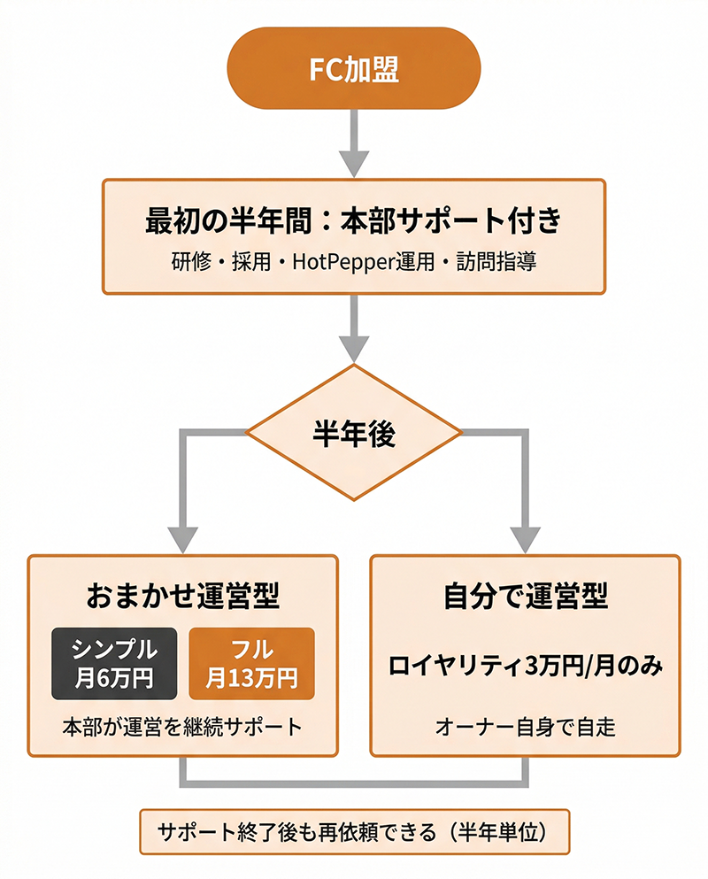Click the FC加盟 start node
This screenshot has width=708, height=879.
354,70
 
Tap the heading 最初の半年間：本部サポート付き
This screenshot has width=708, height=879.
354,220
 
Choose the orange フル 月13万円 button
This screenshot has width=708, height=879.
252,663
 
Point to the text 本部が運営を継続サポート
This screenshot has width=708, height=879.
183,727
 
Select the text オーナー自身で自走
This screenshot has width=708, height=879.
525,727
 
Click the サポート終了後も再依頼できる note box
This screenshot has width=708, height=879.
354,831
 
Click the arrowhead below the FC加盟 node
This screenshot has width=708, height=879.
354,164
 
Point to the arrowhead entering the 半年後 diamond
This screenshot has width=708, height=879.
354,350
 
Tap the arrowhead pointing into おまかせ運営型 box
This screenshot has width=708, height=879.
183,538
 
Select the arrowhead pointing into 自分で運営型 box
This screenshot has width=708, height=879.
525,538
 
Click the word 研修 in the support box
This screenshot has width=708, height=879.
189,263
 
